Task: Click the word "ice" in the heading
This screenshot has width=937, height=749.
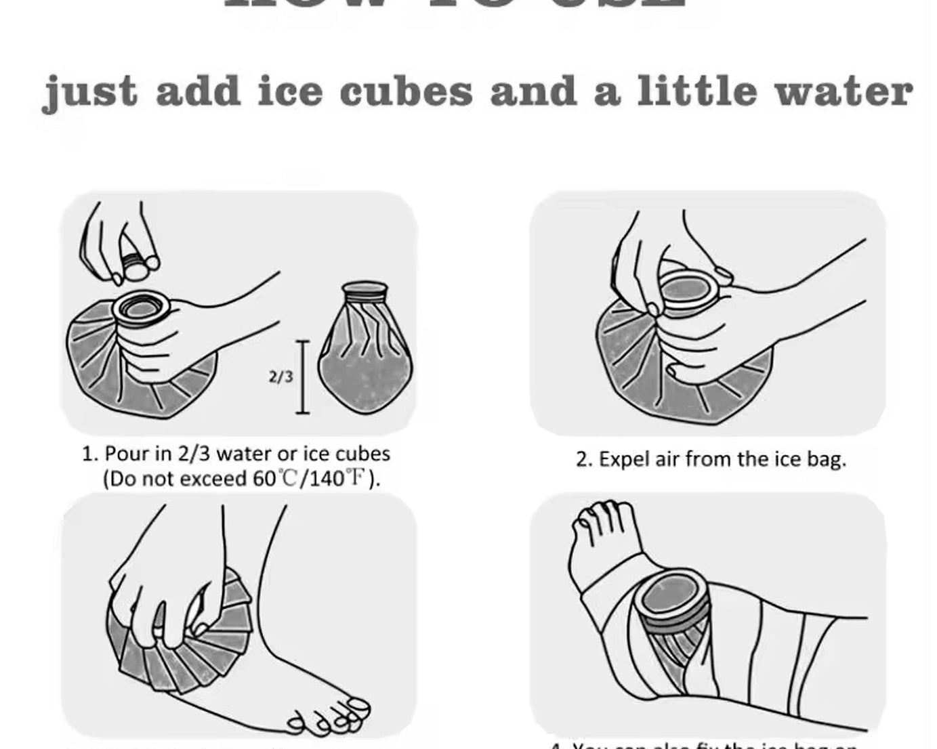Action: (291, 92)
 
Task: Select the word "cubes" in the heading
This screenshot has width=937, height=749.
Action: (406, 92)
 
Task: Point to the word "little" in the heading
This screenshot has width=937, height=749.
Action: (696, 92)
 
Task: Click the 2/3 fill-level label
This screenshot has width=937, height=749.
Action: (281, 377)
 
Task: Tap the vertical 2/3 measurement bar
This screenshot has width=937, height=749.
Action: (302, 377)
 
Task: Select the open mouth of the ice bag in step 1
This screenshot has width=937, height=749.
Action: (142, 309)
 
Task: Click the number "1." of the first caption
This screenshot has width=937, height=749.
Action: (90, 454)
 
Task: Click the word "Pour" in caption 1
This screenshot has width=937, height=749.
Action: (127, 454)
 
